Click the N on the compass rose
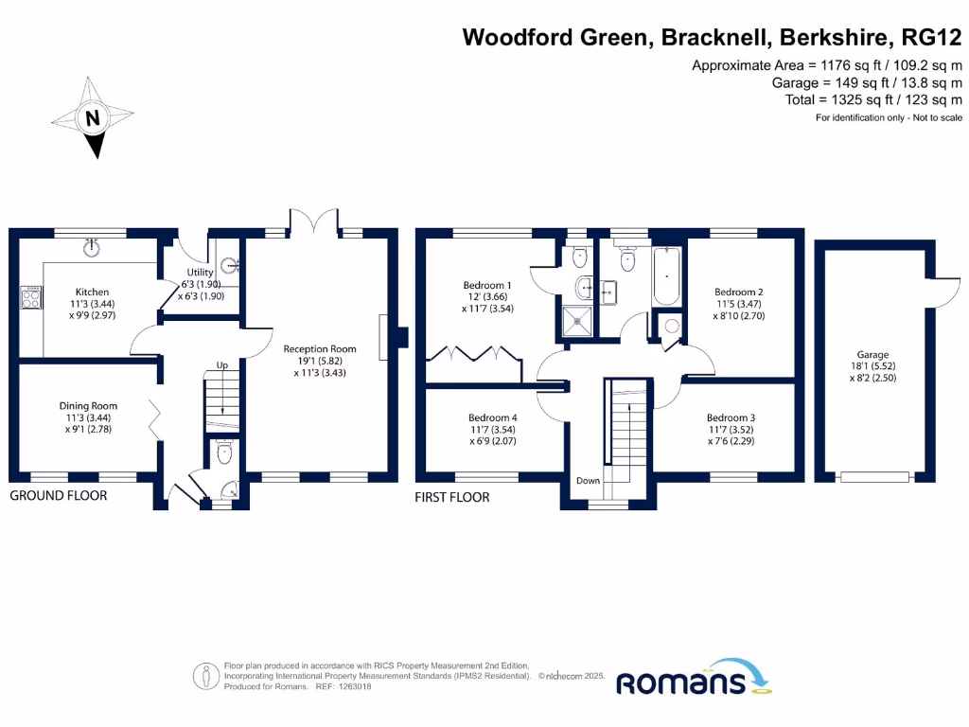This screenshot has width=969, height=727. (93, 119)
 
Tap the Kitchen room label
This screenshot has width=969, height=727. (93, 292)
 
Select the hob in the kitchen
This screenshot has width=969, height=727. (29, 298)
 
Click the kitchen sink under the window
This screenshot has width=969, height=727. (92, 248)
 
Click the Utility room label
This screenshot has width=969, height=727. (201, 273)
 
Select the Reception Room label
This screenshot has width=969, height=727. (320, 349)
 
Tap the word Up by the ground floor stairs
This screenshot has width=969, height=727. (222, 364)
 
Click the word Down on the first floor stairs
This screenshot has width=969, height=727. (588, 481)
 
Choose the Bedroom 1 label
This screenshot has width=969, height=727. (487, 285)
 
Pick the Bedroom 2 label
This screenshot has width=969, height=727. (739, 292)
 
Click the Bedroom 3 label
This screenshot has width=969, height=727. (731, 417)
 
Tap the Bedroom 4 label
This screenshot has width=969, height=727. (493, 417)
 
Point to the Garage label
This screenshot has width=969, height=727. (872, 355)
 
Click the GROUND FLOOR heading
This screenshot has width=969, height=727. (59, 495)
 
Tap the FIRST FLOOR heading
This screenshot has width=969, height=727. (452, 497)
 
